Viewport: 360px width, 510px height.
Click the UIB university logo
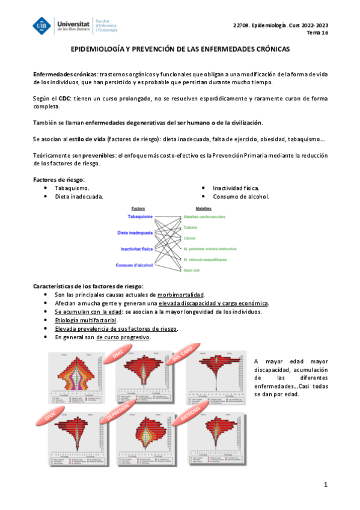(x=43, y=25)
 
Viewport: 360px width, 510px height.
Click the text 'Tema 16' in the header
(x=319, y=33)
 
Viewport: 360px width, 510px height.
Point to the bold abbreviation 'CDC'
(x=64, y=98)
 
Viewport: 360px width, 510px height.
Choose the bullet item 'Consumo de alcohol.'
(x=240, y=197)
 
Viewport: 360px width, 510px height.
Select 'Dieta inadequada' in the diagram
(x=135, y=232)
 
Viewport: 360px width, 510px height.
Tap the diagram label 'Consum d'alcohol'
(x=135, y=265)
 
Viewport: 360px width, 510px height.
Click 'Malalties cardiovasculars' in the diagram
(x=204, y=216)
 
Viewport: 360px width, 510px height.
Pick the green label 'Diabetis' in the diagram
(x=191, y=227)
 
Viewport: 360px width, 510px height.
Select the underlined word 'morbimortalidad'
(x=180, y=295)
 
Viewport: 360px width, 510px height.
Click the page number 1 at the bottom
(x=325, y=485)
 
